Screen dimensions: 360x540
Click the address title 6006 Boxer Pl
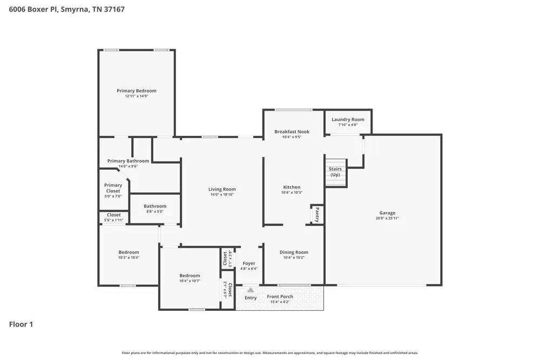67,9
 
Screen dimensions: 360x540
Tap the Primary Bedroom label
137,91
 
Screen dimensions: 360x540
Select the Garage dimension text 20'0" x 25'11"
387,219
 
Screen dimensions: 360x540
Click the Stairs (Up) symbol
335,172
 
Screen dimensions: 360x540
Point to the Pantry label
318,214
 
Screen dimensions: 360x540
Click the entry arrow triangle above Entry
251,290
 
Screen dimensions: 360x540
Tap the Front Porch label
280,296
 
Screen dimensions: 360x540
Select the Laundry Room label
348,119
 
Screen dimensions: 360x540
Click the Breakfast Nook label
292,132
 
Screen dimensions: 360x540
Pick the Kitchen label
292,187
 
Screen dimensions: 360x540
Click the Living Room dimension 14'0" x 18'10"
222,194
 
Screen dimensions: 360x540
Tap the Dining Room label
294,252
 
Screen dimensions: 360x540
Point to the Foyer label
249,263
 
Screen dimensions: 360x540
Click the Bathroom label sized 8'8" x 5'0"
155,206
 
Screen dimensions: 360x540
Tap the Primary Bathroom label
128,161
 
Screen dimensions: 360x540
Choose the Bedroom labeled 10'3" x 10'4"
129,252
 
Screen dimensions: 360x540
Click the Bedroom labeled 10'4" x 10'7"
190,275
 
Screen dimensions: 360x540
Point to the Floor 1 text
21,324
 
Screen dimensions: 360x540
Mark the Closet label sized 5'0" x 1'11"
114,215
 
